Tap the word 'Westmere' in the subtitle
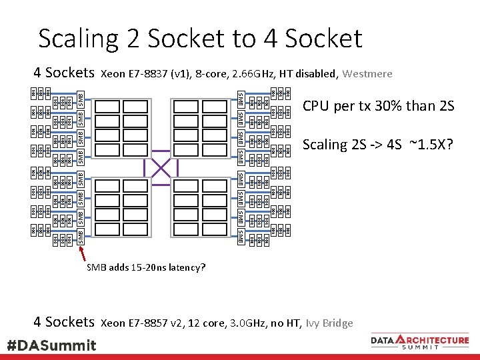[x=367, y=73]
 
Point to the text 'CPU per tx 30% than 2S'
[x=378, y=106]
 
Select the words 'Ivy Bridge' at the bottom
[x=329, y=323]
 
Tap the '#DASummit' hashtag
[x=51, y=345]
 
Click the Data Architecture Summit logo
[x=419, y=342]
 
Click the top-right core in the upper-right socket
[x=215, y=107]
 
